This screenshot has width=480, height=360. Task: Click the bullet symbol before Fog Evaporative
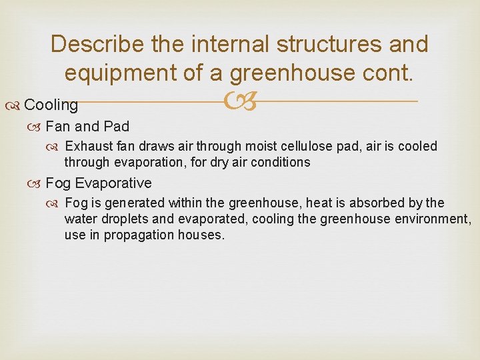pos(37,183)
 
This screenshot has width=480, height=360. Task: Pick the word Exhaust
pos(90,146)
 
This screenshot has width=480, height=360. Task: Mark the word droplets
pos(123,219)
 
